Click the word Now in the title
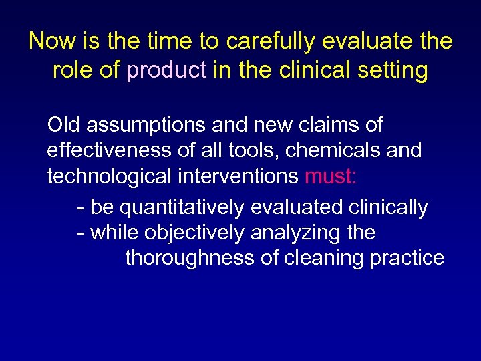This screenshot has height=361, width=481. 51,41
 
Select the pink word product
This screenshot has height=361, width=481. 166,70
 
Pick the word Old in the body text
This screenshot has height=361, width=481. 64,125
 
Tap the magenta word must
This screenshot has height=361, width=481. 330,176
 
